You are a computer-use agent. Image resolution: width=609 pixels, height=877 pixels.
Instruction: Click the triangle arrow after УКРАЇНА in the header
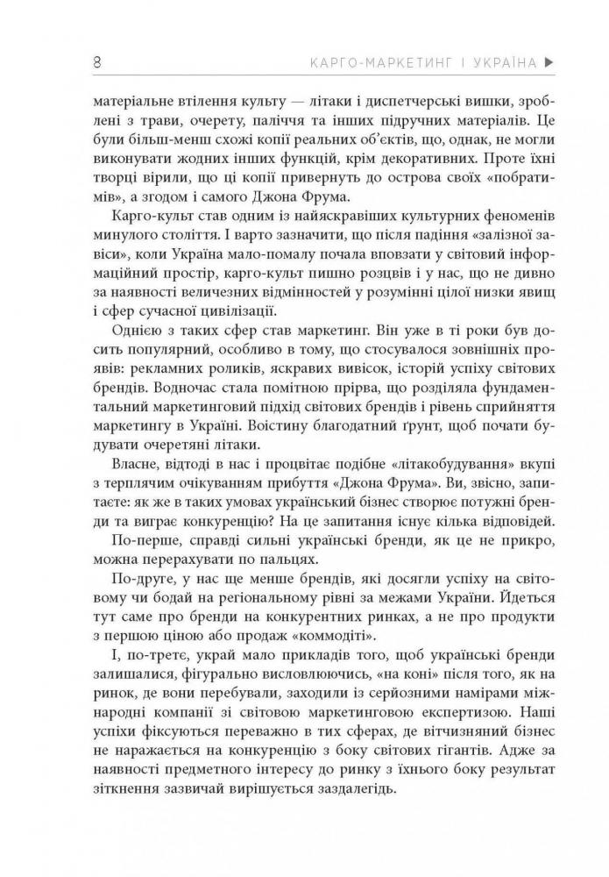pyautogui.click(x=549, y=62)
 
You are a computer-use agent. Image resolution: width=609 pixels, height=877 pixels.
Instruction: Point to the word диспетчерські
pyautogui.click(x=342, y=99)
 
